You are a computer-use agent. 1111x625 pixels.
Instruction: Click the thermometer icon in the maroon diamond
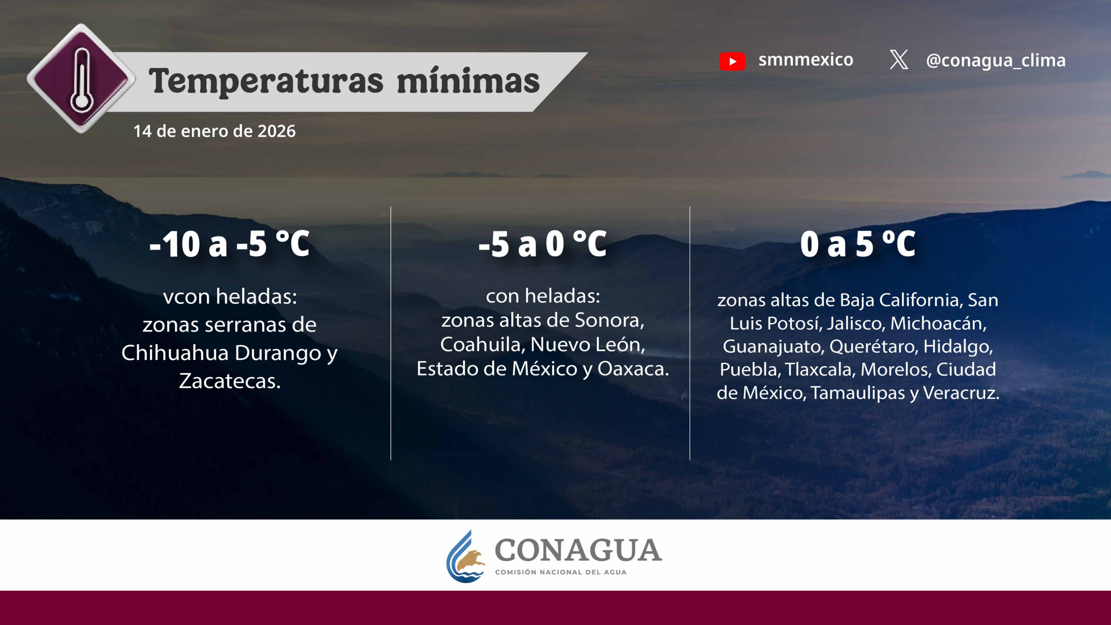(x=81, y=81)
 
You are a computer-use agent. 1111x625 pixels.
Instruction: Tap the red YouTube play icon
(x=732, y=61)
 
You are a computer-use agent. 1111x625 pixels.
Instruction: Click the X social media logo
(x=899, y=59)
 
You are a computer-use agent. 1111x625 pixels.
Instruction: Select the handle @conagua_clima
(x=996, y=60)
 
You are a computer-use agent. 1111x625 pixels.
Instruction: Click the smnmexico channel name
(x=805, y=60)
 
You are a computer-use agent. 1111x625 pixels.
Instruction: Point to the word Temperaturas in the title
(x=266, y=81)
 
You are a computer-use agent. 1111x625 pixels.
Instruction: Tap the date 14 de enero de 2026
(x=214, y=131)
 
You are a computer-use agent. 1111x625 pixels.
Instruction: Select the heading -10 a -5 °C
(x=230, y=244)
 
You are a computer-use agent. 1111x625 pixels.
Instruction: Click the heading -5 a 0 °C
(x=542, y=244)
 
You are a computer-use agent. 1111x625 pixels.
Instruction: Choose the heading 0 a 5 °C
(x=858, y=244)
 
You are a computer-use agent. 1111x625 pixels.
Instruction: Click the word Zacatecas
(x=230, y=381)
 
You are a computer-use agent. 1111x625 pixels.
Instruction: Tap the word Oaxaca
(x=633, y=369)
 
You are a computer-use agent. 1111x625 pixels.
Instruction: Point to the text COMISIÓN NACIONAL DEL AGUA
(x=561, y=572)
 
